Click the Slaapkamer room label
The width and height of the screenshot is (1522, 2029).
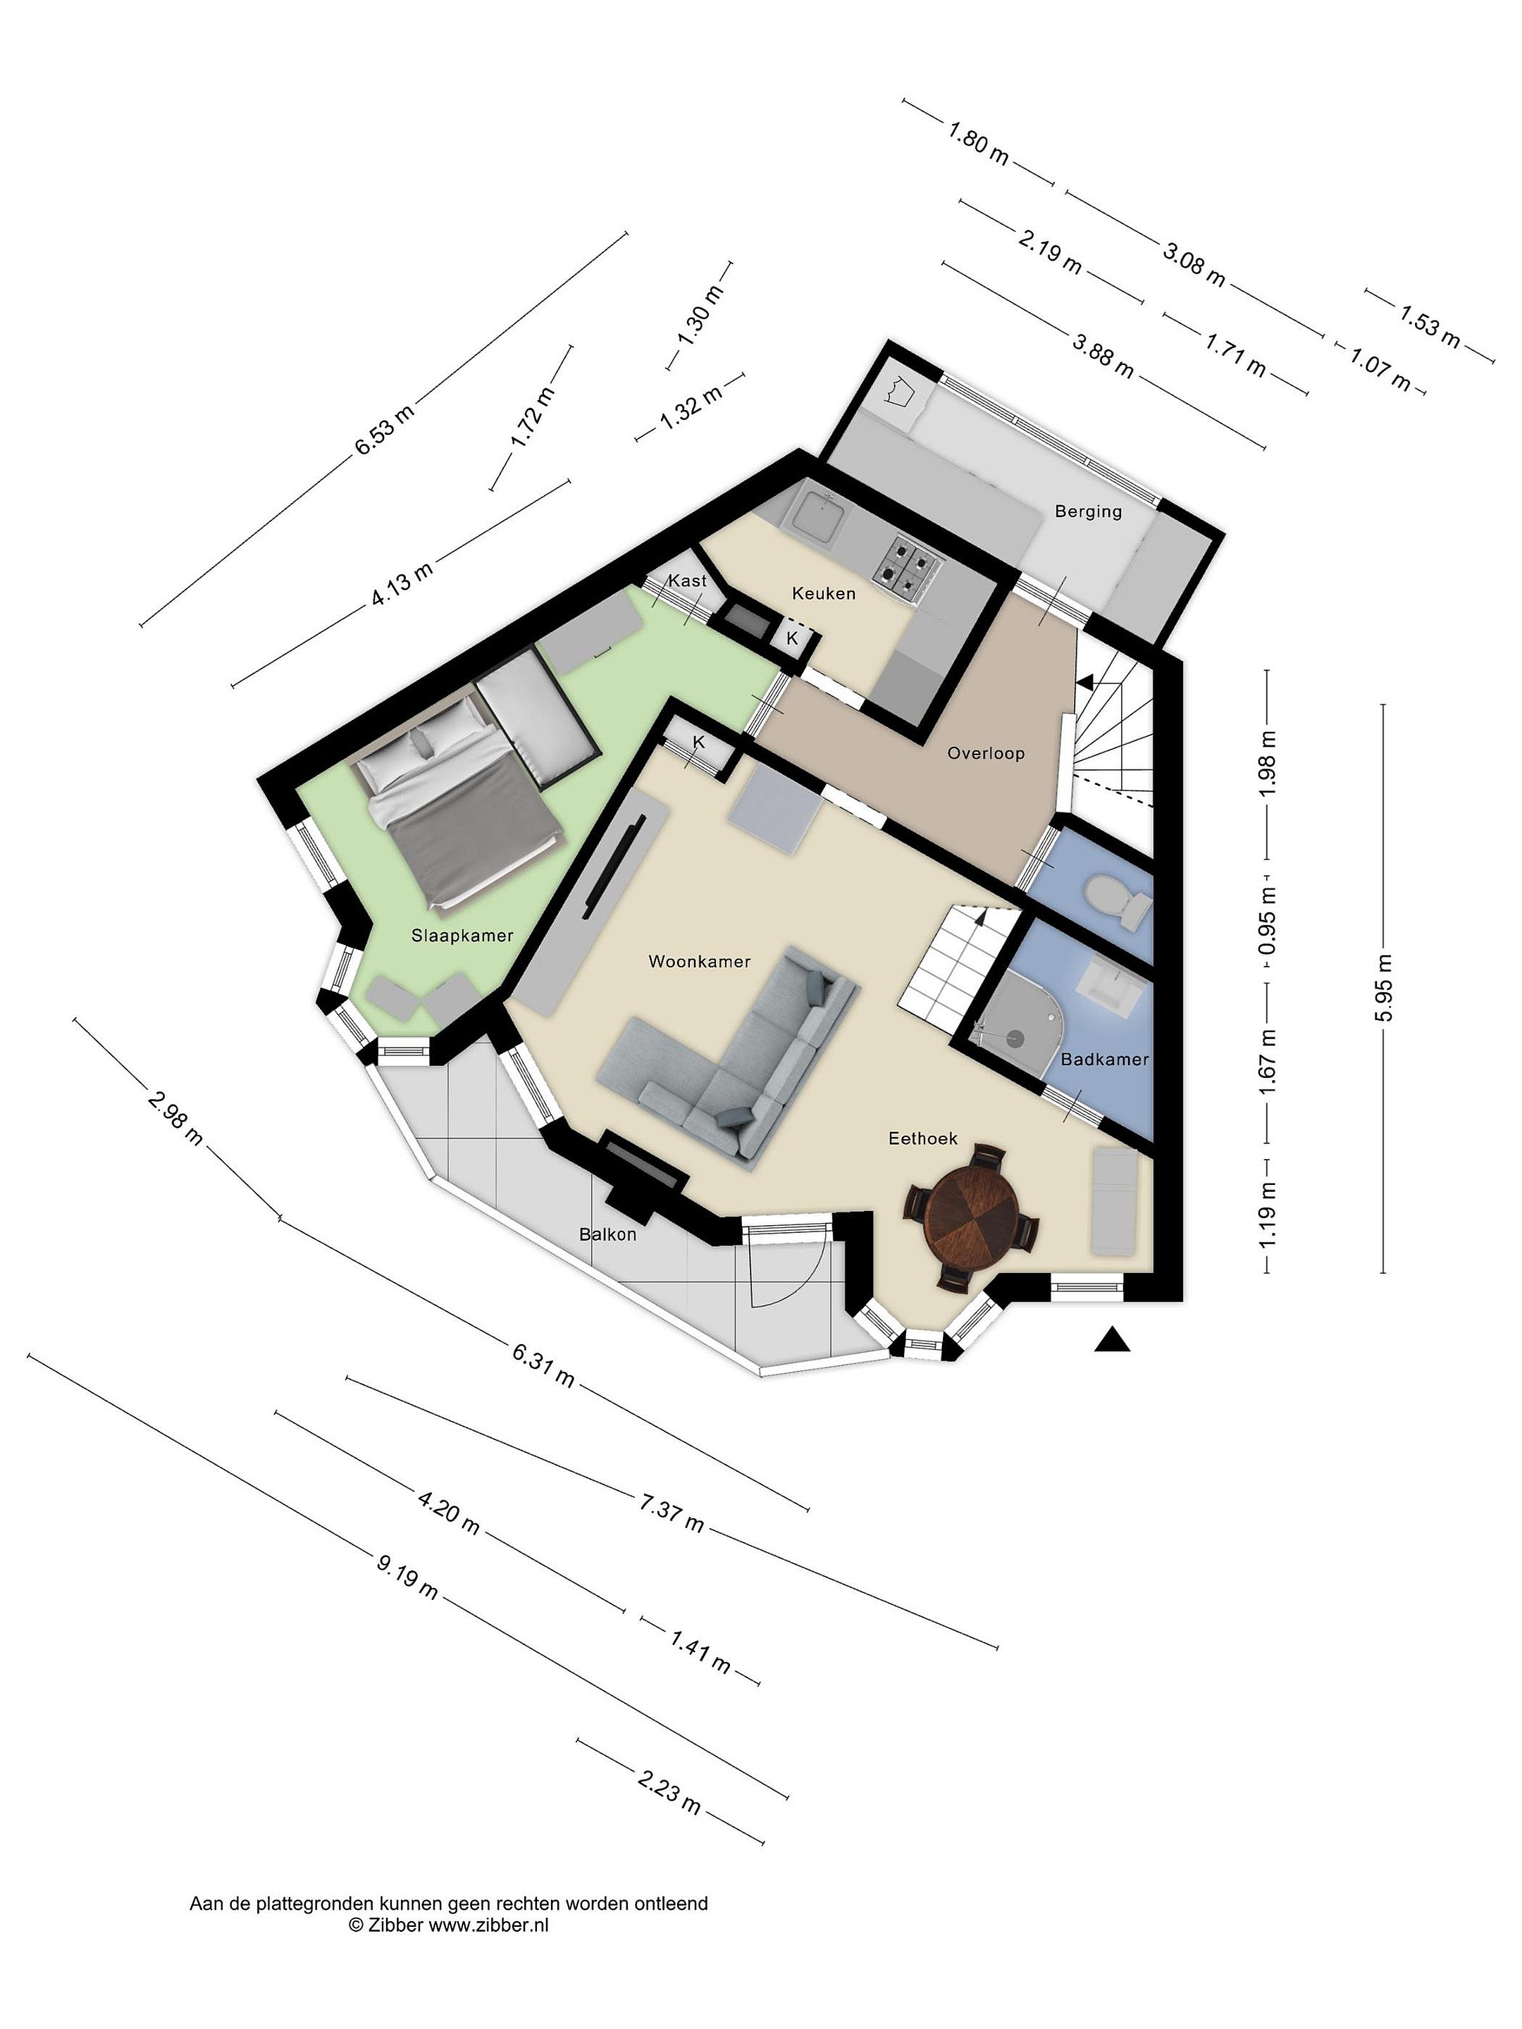(x=462, y=936)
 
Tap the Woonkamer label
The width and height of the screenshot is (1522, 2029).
(x=699, y=961)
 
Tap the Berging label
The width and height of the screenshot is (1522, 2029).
(x=1088, y=511)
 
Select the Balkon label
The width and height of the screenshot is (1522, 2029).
(x=607, y=1234)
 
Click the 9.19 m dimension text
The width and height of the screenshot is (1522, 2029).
(x=407, y=1575)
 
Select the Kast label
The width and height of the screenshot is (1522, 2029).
(x=687, y=580)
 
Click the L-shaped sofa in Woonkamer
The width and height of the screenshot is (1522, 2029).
(x=726, y=1055)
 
